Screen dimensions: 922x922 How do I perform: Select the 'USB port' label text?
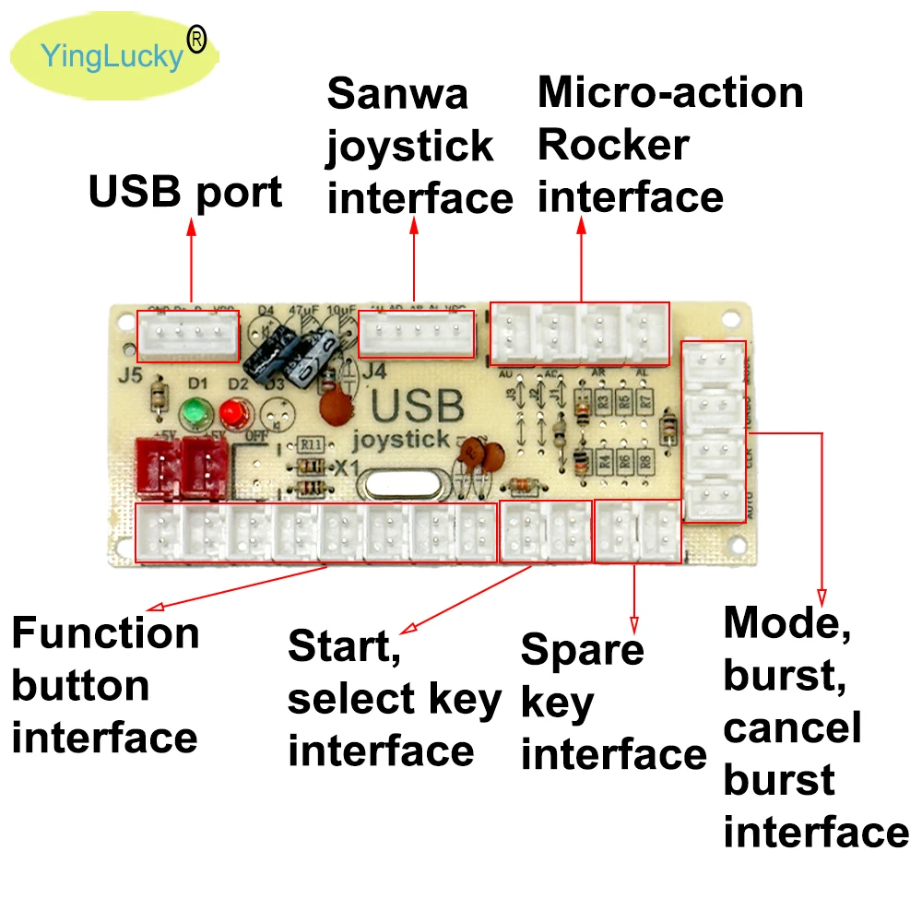tap(185, 193)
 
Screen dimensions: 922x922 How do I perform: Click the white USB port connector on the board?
tap(188, 335)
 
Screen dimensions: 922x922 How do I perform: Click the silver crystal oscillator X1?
tap(402, 485)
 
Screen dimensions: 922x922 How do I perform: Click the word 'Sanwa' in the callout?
tap(397, 94)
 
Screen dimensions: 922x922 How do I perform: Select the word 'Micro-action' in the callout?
tap(670, 93)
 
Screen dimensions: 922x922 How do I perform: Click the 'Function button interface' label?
tap(105, 685)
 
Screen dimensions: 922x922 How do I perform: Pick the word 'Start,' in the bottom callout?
tap(344, 646)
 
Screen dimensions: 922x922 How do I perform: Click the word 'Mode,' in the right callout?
tap(786, 623)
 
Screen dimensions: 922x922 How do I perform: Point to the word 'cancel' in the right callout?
tap(792, 727)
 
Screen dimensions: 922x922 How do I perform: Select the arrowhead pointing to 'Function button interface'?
tap(156, 607)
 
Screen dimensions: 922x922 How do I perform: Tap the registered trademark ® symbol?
tap(196, 38)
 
